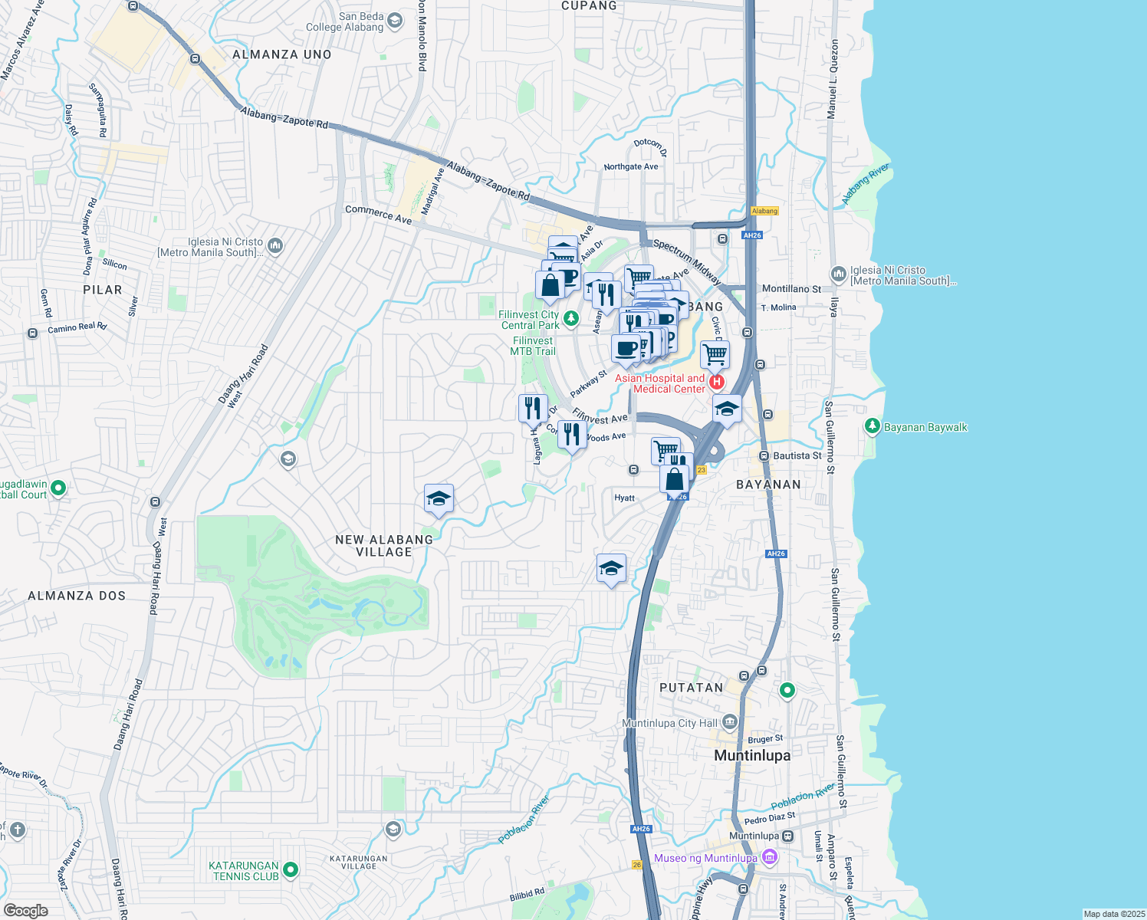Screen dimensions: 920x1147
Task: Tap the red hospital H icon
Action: coord(717,381)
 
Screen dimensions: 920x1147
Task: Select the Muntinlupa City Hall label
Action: coord(670,723)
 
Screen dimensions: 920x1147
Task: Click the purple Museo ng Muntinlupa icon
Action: coord(770,857)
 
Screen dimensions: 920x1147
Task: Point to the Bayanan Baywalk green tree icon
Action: coord(872,426)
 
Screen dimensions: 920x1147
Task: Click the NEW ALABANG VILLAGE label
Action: coord(384,546)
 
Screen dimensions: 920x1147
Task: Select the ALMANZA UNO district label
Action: coord(282,54)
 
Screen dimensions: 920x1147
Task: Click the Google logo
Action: coord(25,910)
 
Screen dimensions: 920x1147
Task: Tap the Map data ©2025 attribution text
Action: coord(1113,914)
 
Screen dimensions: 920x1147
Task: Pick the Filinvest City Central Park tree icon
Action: coord(570,318)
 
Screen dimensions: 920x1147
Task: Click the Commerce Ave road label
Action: coord(378,214)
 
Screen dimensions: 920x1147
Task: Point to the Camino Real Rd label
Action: coord(77,327)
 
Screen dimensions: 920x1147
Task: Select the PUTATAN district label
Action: coord(691,688)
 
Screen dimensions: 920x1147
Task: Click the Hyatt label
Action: coord(625,498)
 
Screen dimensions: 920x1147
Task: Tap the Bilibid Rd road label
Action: coord(527,895)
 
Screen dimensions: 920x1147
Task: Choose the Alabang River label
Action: coord(866,183)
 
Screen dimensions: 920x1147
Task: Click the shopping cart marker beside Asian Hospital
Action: coord(715,354)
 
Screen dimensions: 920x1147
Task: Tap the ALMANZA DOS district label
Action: coord(77,596)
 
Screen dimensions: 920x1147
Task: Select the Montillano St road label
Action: coord(791,289)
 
